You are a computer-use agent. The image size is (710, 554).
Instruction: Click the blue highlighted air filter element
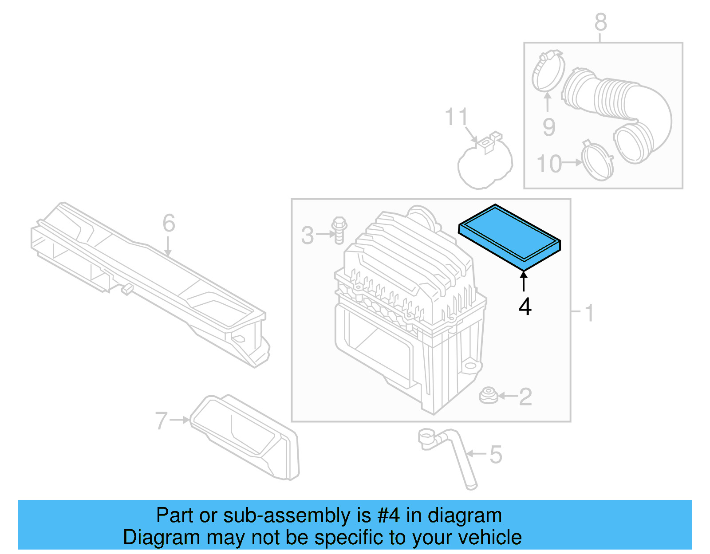click(x=509, y=237)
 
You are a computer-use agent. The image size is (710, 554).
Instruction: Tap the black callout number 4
click(x=525, y=306)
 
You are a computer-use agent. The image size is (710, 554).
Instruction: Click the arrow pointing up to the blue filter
click(x=524, y=281)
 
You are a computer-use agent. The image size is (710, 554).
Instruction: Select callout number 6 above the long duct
click(x=169, y=223)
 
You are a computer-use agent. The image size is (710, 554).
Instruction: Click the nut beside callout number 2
click(x=489, y=396)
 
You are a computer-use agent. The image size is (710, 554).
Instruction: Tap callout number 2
click(x=525, y=397)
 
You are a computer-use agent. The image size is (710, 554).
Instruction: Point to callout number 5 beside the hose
click(x=496, y=455)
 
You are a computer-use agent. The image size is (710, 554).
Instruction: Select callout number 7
click(x=161, y=420)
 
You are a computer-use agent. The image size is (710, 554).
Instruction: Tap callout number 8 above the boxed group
click(x=600, y=22)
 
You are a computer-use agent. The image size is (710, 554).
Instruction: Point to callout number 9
click(x=549, y=127)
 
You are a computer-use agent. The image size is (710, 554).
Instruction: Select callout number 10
click(x=549, y=164)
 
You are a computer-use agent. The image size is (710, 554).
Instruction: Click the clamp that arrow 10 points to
click(x=597, y=161)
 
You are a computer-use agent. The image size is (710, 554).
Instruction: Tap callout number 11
click(x=456, y=117)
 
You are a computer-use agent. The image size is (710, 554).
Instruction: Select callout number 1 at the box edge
click(x=589, y=313)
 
